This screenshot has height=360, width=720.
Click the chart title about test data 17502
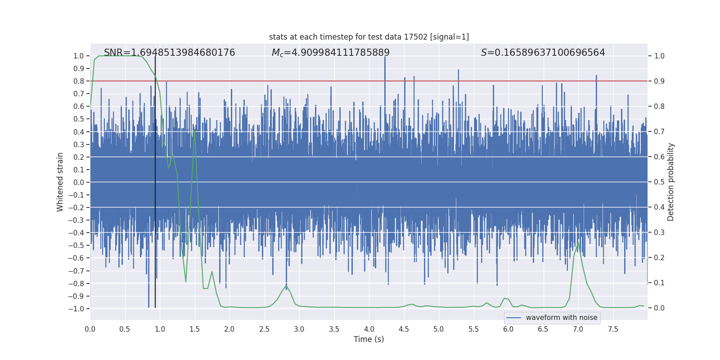369,37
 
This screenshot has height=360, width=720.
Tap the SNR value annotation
169,53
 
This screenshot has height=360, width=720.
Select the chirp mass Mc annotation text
330,53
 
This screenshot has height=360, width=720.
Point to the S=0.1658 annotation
543,53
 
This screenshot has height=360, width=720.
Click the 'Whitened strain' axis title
60,182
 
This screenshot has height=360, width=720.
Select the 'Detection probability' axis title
670,182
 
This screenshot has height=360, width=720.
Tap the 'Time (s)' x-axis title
369,339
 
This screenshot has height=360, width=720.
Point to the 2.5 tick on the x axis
264,329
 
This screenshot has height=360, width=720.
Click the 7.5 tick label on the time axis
613,329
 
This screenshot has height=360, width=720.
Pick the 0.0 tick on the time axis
90,329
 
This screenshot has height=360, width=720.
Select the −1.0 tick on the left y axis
76,309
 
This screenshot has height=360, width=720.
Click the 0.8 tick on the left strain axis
79,81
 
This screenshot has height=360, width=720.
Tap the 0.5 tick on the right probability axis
659,182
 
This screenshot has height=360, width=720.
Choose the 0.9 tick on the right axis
659,81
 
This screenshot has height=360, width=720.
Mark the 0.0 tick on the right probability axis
659,308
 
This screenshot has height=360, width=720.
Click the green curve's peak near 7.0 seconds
578,243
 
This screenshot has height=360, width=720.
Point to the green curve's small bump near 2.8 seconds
286,285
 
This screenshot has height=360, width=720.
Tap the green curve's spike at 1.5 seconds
194,131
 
